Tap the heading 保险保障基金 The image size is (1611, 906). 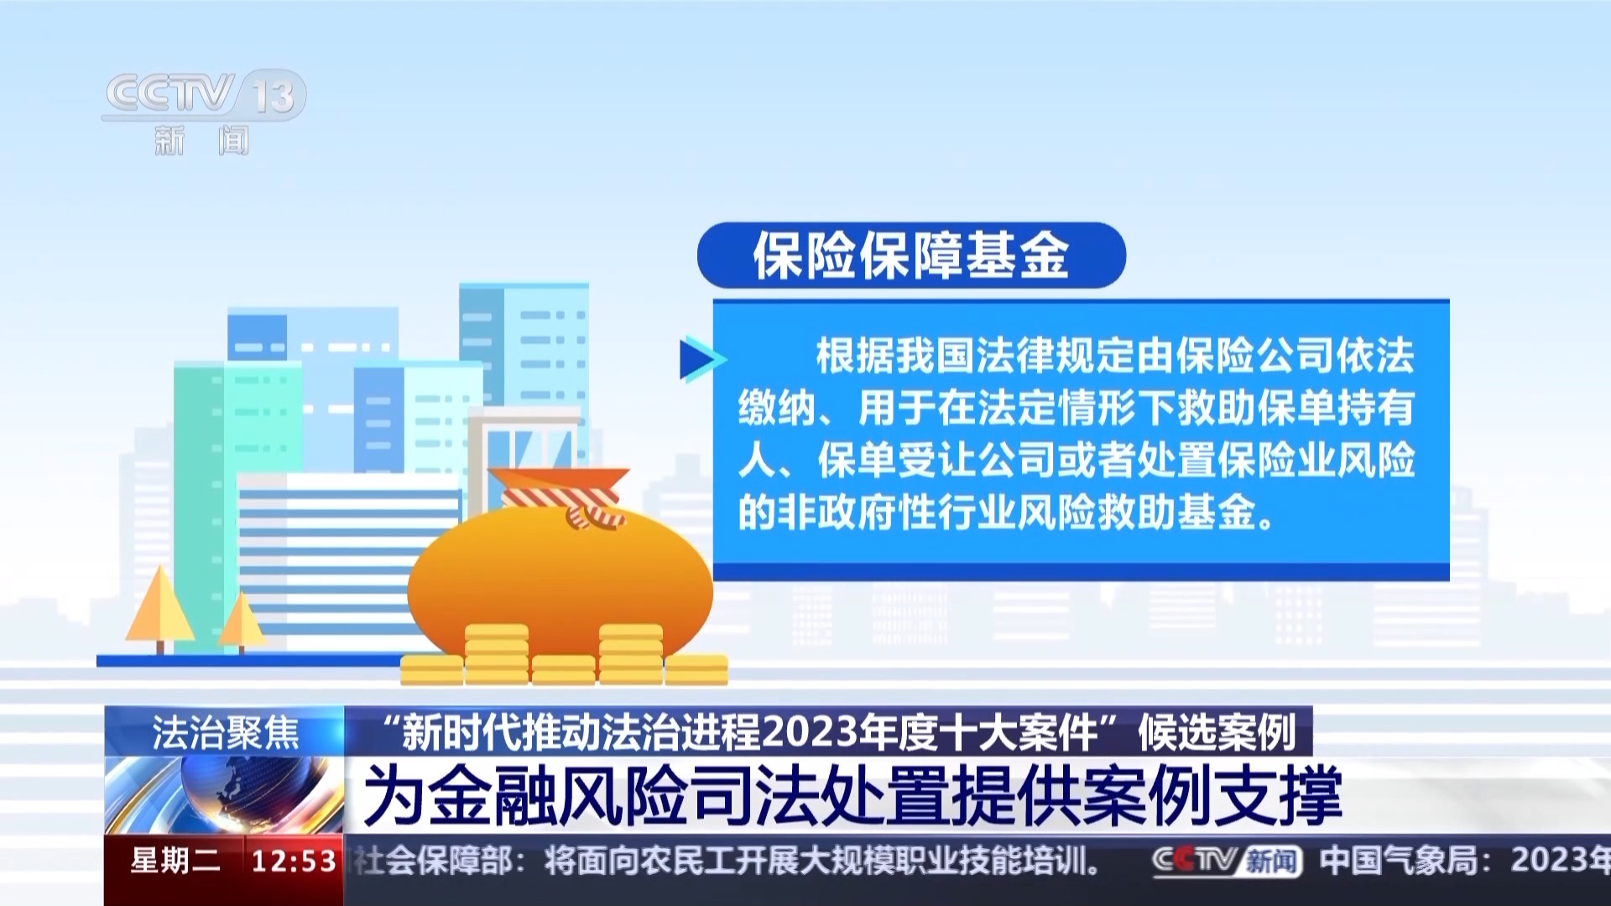(911, 255)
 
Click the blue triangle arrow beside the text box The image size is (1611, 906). (701, 359)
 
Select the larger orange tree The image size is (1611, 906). (159, 608)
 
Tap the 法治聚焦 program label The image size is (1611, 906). (225, 732)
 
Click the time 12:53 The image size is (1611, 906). (294, 861)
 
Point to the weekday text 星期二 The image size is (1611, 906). (175, 861)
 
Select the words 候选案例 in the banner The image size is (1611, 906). (1217, 732)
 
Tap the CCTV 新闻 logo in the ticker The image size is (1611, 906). (1227, 861)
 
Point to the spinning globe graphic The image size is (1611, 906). (225, 793)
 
